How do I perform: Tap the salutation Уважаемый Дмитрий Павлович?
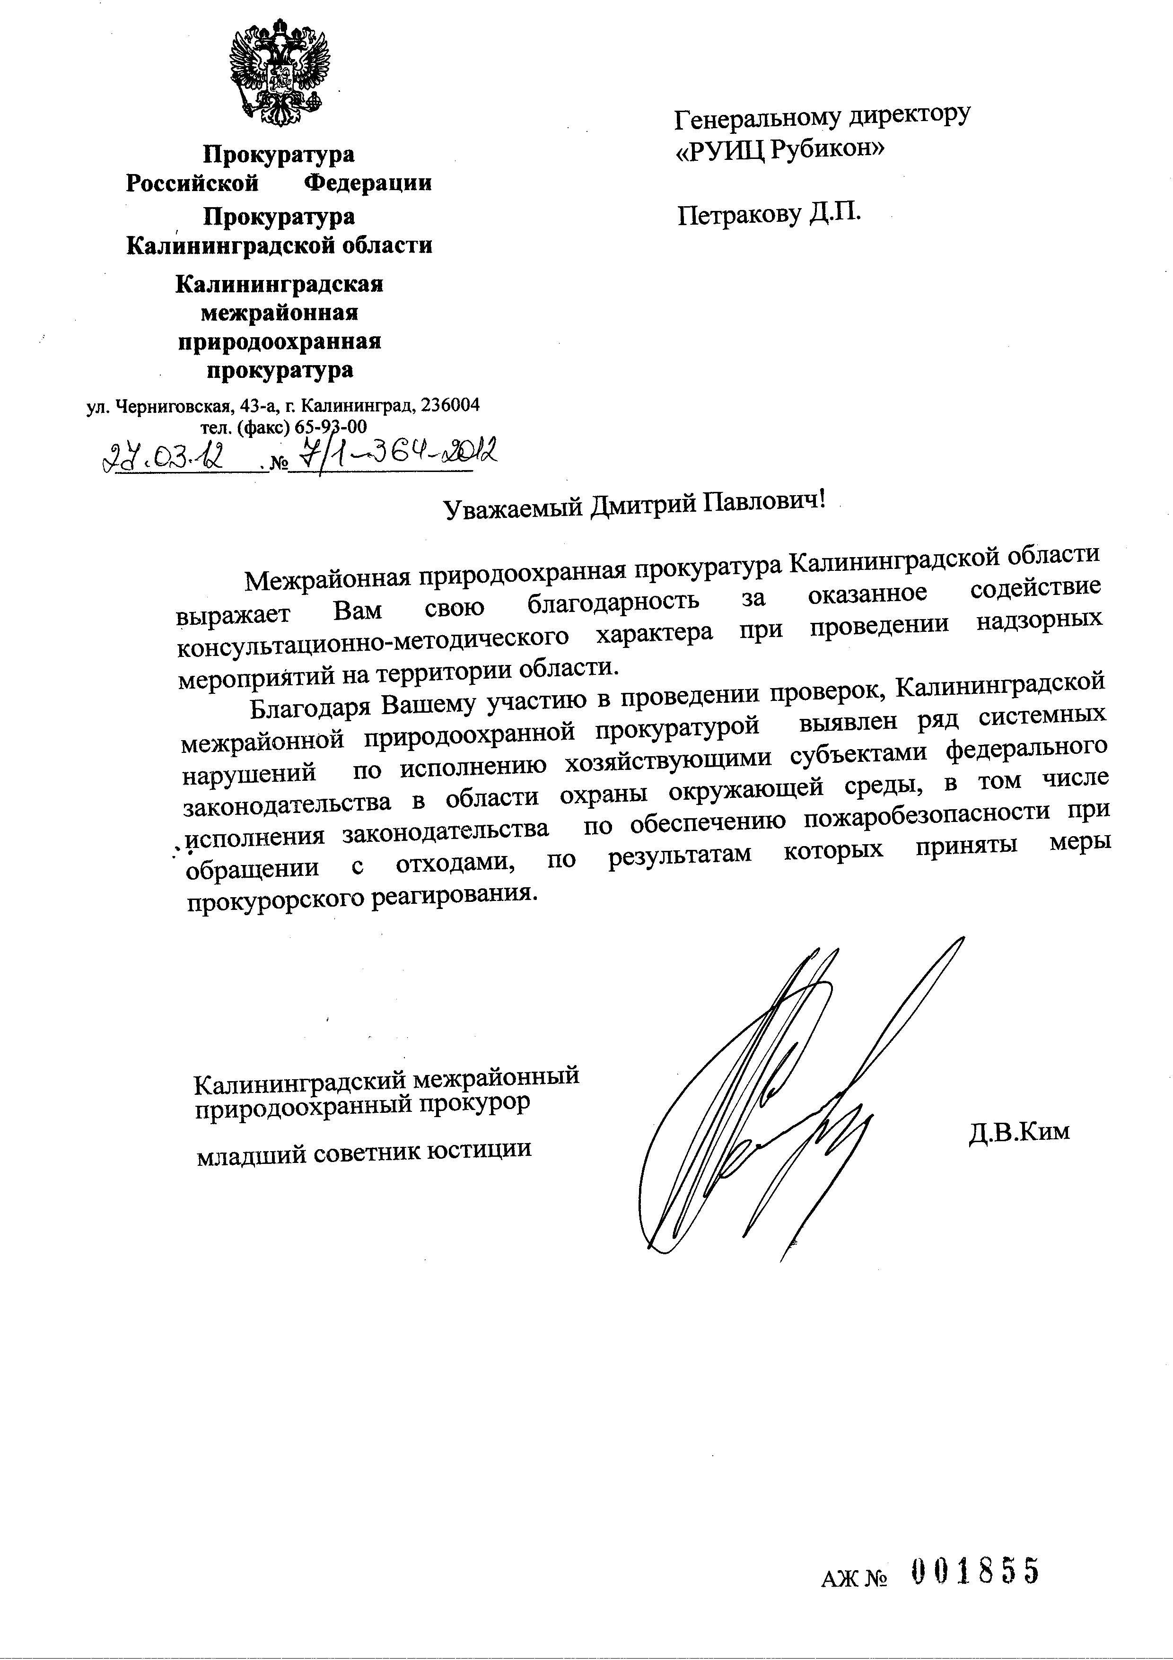tap(634, 505)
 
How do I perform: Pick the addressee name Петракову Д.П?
tap(770, 214)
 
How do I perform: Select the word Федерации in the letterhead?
tap(368, 183)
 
